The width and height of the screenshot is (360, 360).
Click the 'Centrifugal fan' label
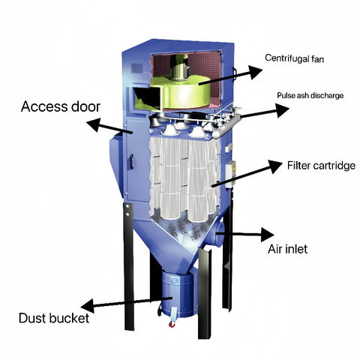click(x=294, y=58)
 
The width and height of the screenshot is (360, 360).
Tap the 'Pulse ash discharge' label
click(x=310, y=95)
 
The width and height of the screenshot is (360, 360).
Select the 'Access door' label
click(x=61, y=106)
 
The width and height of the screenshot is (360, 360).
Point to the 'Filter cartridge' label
click(x=321, y=166)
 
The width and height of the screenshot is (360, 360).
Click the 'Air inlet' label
click(x=287, y=249)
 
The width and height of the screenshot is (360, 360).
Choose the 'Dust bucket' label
click(x=54, y=318)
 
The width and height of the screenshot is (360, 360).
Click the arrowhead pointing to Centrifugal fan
click(x=255, y=72)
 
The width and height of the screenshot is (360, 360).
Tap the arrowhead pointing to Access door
click(x=94, y=124)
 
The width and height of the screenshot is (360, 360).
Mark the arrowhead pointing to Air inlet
click(x=268, y=235)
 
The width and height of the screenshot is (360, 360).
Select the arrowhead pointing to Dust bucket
click(x=88, y=306)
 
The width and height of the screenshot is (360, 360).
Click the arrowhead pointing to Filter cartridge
click(x=275, y=166)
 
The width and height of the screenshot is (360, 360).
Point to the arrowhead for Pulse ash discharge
click(x=283, y=110)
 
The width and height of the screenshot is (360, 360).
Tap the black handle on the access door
click(x=131, y=161)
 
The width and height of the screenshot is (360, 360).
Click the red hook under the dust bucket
click(x=172, y=324)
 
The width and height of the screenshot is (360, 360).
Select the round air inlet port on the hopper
click(x=218, y=234)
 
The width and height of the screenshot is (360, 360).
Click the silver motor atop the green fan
click(x=180, y=68)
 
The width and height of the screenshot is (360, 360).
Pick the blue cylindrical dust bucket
click(x=178, y=295)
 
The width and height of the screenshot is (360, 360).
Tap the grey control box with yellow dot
click(x=230, y=174)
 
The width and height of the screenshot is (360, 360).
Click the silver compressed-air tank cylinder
click(x=226, y=125)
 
